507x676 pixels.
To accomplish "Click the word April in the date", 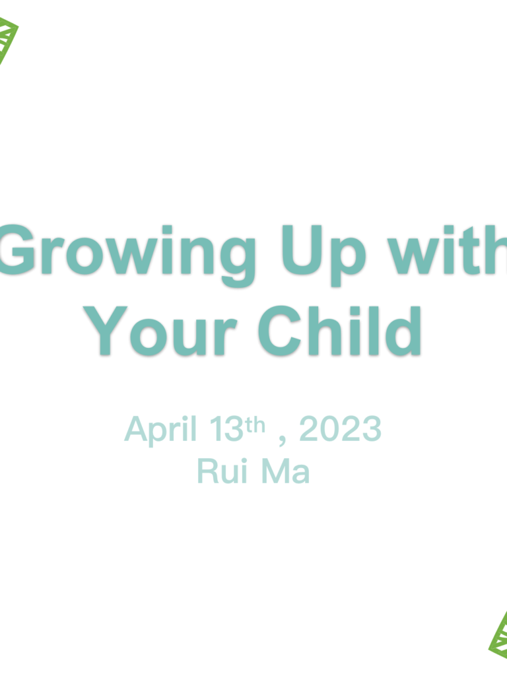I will (x=161, y=430).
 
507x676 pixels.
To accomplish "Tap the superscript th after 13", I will (x=255, y=424).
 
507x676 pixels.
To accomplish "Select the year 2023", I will (x=341, y=429).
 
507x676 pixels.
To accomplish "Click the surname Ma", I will (x=285, y=471).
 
